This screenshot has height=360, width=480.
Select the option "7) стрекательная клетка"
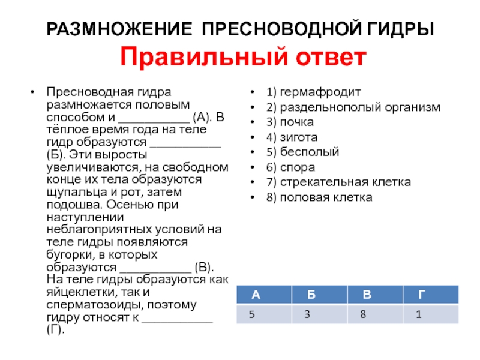340,182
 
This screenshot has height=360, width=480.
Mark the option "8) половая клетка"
320,197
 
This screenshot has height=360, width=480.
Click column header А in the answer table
256,295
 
